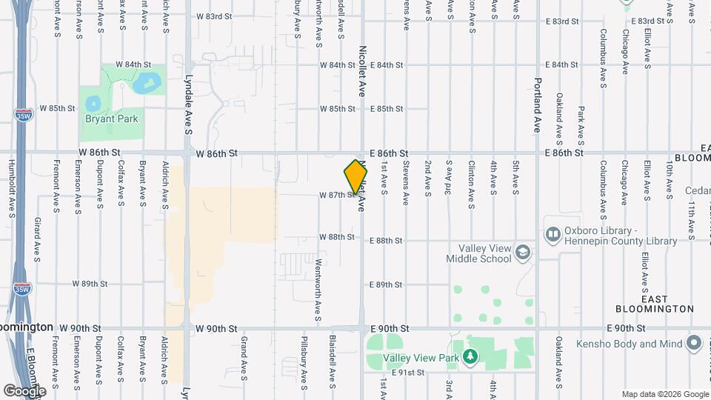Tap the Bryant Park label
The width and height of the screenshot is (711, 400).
112,119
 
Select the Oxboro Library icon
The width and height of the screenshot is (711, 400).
553,235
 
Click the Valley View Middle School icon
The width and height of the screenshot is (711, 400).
524,253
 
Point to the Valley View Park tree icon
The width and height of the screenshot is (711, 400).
470,358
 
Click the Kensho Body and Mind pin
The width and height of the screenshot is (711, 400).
694,344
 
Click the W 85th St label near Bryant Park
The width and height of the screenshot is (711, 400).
57,108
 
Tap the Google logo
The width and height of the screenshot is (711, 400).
24,390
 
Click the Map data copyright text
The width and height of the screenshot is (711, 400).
664,394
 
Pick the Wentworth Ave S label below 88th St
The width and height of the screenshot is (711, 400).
318,279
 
